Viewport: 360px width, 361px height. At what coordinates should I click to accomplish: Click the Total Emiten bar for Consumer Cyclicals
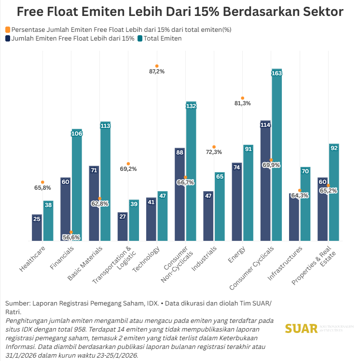click(x=277, y=159)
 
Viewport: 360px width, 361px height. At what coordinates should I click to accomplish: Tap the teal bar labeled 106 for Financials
click(x=77, y=188)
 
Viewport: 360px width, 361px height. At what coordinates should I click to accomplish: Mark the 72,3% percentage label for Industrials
click(x=214, y=152)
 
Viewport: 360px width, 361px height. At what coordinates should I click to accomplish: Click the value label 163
click(x=277, y=73)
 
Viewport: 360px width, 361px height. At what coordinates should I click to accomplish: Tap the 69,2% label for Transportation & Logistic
click(x=128, y=169)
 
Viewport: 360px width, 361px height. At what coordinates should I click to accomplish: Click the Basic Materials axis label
click(x=86, y=264)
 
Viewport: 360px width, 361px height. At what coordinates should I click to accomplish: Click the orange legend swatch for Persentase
click(x=8, y=29)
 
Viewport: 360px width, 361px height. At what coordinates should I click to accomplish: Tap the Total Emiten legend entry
click(x=162, y=38)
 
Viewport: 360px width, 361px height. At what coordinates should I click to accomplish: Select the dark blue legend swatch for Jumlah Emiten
click(x=8, y=38)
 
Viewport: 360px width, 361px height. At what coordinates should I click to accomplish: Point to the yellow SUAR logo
click(x=301, y=329)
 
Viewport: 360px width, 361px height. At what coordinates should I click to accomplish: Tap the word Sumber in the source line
click(x=17, y=303)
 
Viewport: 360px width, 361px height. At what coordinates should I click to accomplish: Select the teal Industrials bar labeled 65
click(x=220, y=208)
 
